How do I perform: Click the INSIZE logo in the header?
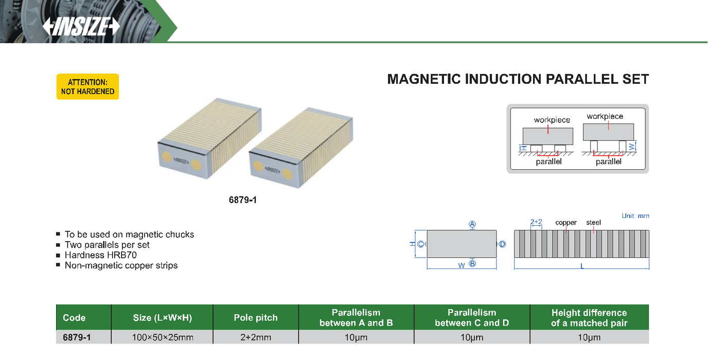81,27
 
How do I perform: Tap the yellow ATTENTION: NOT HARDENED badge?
87,86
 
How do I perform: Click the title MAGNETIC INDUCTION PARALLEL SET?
518,80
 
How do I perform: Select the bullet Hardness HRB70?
100,255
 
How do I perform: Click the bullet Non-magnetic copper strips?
121,265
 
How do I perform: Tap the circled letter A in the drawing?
472,224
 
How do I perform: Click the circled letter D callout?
503,244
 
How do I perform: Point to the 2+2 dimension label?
536,222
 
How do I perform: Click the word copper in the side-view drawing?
566,223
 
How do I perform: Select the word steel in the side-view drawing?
593,223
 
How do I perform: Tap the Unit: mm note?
635,216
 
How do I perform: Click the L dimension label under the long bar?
582,266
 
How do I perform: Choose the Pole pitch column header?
255,318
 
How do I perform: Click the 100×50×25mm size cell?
162,338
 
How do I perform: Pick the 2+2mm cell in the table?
255,338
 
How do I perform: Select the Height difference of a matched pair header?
589,318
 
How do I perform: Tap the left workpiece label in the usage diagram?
552,120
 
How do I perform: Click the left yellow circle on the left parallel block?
168,157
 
